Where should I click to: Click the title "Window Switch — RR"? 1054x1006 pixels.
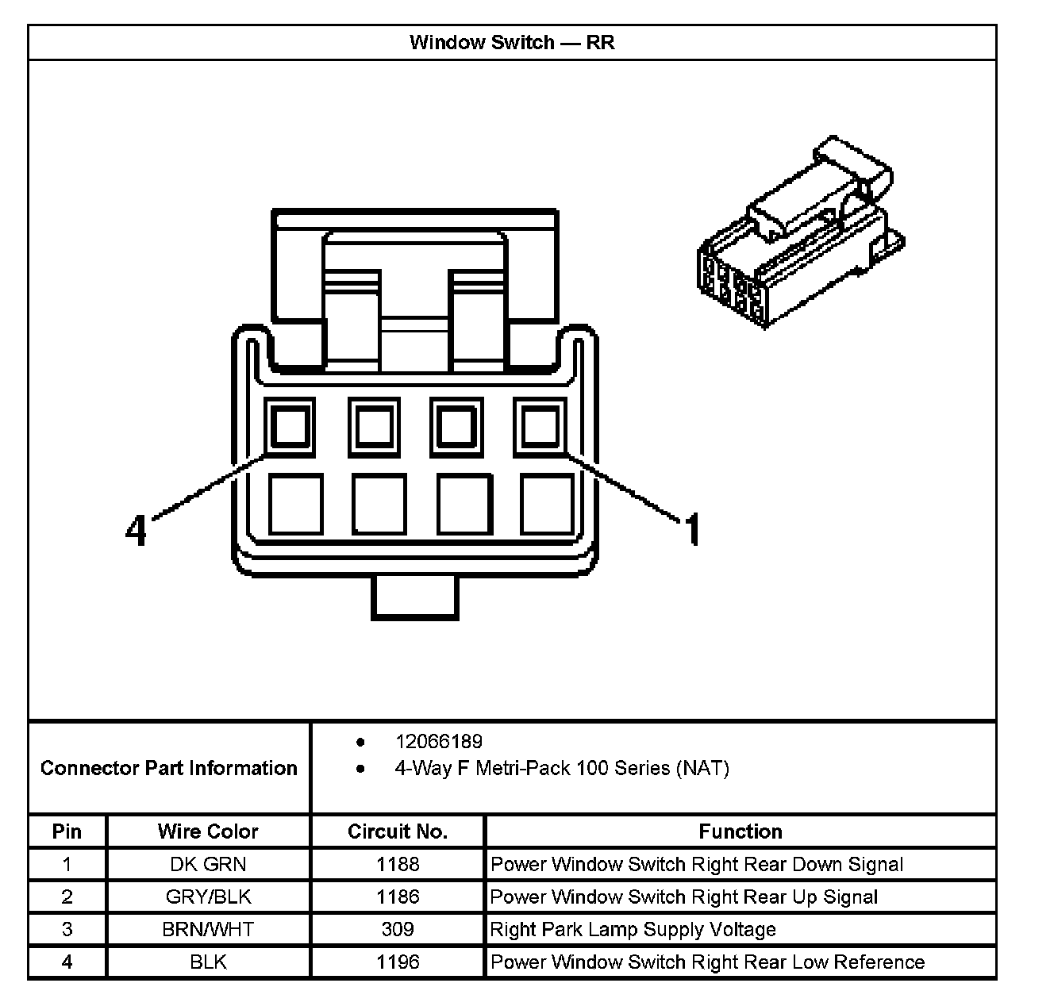pyautogui.click(x=512, y=42)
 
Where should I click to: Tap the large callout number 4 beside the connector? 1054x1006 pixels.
pyautogui.click(x=137, y=529)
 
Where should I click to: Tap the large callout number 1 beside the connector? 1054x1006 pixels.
pyautogui.click(x=692, y=529)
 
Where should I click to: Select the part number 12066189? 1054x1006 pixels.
pyautogui.click(x=438, y=742)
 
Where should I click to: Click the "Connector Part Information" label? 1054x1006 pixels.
pyautogui.click(x=168, y=768)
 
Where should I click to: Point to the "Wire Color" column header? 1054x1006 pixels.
pyautogui.click(x=208, y=831)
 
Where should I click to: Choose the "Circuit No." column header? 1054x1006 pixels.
pyautogui.click(x=398, y=831)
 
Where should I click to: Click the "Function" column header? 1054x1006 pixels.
pyautogui.click(x=740, y=831)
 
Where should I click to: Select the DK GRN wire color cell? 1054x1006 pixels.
pyautogui.click(x=208, y=864)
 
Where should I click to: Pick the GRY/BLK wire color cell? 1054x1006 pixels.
pyautogui.click(x=208, y=897)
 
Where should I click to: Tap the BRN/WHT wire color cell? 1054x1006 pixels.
pyautogui.click(x=208, y=929)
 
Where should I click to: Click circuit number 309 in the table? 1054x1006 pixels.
pyautogui.click(x=398, y=929)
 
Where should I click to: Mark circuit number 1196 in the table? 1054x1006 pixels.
pyautogui.click(x=398, y=962)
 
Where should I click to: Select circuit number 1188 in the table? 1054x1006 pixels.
pyautogui.click(x=398, y=864)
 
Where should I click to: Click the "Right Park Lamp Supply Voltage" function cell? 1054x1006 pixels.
pyautogui.click(x=633, y=929)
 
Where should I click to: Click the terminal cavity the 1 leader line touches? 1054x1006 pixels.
pyautogui.click(x=540, y=428)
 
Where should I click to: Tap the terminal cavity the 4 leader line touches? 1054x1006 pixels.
pyautogui.click(x=290, y=428)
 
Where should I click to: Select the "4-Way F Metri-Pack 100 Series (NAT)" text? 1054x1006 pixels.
pyautogui.click(x=561, y=768)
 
